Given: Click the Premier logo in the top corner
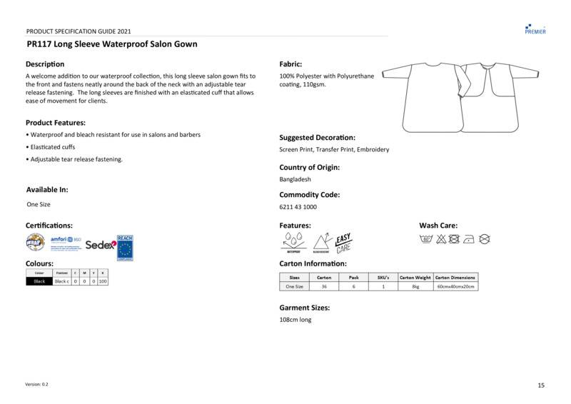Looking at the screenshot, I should click(x=535, y=29).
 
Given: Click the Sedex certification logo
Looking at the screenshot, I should click(x=99, y=245).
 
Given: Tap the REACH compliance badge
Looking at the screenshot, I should click(x=125, y=246).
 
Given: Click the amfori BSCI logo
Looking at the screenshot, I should click(x=65, y=243).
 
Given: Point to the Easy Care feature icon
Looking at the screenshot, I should click(x=344, y=243).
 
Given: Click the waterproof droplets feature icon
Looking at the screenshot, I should click(x=293, y=243).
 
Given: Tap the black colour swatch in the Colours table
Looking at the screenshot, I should click(x=39, y=281).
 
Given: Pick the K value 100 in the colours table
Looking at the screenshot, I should click(x=103, y=281).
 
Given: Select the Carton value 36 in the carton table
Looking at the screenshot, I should click(x=324, y=286).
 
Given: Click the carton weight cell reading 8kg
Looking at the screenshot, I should click(x=415, y=286).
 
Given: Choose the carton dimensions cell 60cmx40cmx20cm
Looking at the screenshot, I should click(x=455, y=286).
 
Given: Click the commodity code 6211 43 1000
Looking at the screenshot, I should click(x=298, y=207).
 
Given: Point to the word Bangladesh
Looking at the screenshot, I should click(x=295, y=179).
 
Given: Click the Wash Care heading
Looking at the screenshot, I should click(x=438, y=226).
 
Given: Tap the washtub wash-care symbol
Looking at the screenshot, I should click(x=426, y=239).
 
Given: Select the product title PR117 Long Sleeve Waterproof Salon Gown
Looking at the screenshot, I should click(x=111, y=44).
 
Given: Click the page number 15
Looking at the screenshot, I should click(x=540, y=385).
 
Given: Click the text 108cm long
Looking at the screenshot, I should click(x=295, y=320).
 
